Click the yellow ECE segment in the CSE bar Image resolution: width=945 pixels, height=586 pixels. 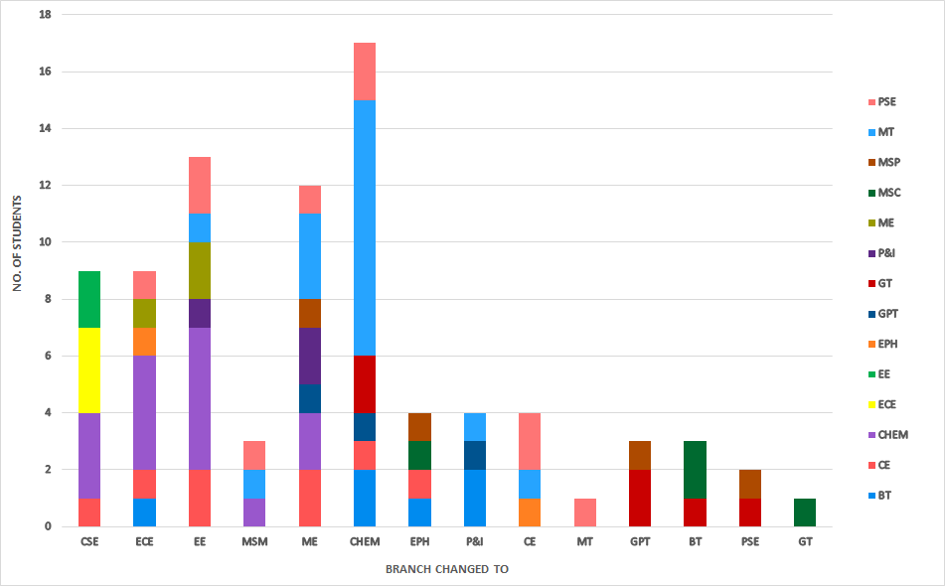pyautogui.click(x=89, y=370)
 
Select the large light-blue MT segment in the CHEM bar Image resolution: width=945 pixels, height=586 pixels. pyautogui.click(x=365, y=228)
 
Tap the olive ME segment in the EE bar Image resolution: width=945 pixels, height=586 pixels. pyautogui.click(x=200, y=270)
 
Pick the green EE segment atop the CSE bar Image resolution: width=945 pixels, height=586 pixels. pyautogui.click(x=89, y=299)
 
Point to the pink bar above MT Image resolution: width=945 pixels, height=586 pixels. pyautogui.click(x=585, y=512)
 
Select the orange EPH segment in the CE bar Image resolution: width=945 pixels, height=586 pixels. pyautogui.click(x=530, y=512)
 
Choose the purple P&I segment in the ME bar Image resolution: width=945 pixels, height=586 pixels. pyautogui.click(x=310, y=356)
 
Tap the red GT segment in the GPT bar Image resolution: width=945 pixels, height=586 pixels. pyautogui.click(x=640, y=498)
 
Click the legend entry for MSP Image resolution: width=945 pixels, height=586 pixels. pyautogui.click(x=887, y=162)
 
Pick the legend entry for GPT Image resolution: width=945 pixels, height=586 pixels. pyautogui.click(x=887, y=313)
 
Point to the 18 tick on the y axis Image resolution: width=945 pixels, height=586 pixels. pyautogui.click(x=44, y=16)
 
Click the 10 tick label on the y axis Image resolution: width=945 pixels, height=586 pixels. pyautogui.click(x=44, y=242)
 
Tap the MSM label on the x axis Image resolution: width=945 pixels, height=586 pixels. pyautogui.click(x=254, y=542)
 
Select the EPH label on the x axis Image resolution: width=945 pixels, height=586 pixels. pyautogui.click(x=419, y=542)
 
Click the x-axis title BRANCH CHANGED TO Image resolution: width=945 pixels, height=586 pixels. pyautogui.click(x=445, y=569)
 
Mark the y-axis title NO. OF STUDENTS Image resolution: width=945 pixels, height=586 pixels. pyautogui.click(x=17, y=243)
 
